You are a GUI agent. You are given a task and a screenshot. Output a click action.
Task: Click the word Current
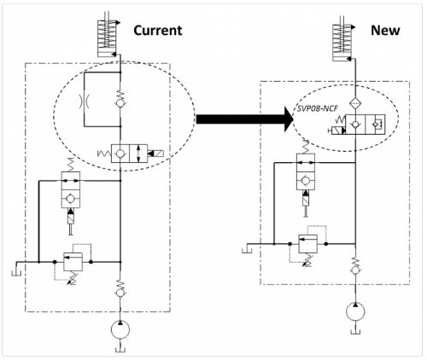tap(158, 31)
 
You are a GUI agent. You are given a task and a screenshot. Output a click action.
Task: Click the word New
tap(385, 30)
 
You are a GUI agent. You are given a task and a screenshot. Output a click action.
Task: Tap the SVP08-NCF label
tap(317, 108)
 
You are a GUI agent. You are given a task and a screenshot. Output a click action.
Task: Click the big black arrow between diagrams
tap(245, 119)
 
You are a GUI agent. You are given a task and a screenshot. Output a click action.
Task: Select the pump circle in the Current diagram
tap(120, 329)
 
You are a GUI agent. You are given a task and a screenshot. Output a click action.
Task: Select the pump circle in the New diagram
tap(355, 312)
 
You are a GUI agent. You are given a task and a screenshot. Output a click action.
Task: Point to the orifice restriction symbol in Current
tap(85, 102)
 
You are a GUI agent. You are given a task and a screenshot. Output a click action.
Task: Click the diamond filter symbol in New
tap(355, 102)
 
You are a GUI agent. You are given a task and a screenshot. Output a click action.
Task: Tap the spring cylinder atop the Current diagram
tap(107, 38)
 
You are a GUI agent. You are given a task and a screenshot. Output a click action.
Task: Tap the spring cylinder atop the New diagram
tap(342, 43)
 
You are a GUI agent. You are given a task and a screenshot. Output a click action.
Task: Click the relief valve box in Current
tap(73, 262)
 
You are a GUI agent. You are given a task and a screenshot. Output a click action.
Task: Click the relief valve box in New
tap(307, 244)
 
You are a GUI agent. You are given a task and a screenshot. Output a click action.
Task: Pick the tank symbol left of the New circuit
tap(247, 248)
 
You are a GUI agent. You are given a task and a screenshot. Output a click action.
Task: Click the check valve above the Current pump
tap(120, 288)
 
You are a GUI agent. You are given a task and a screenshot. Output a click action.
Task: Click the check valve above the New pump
tap(355, 266)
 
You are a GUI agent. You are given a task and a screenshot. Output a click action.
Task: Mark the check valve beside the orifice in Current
tap(120, 99)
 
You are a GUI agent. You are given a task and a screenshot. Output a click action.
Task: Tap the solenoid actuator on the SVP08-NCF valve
tap(338, 131)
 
